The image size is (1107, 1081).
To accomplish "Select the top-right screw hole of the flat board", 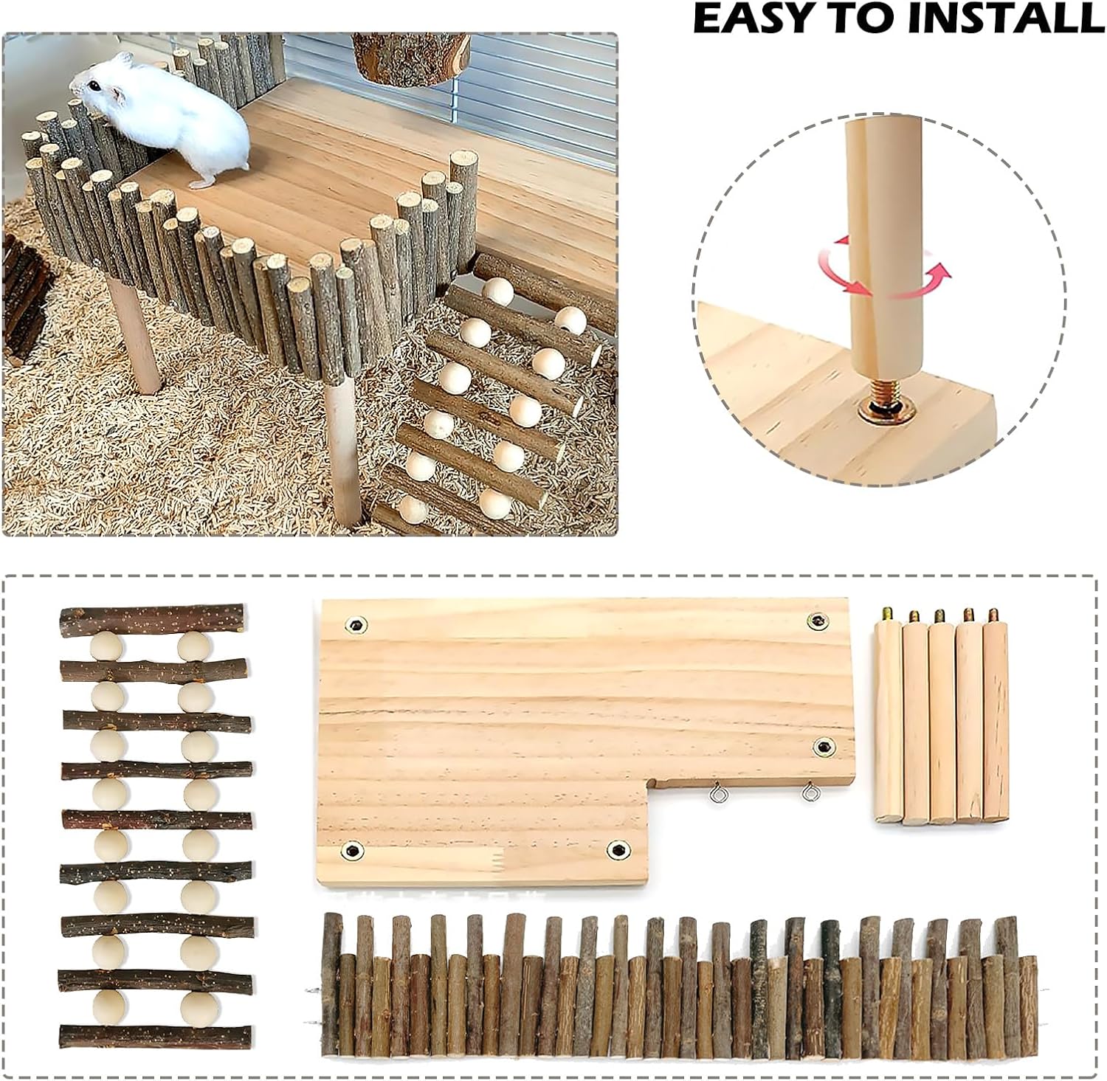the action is (816, 621).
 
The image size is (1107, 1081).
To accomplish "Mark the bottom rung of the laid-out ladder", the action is (155, 1035).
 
